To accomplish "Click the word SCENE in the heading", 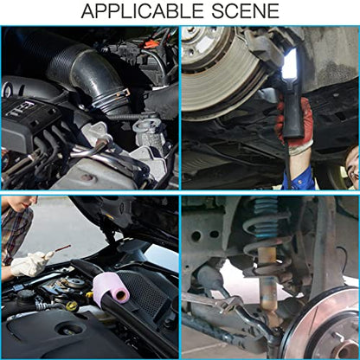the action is click(246, 11).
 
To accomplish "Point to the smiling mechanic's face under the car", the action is click(353, 164).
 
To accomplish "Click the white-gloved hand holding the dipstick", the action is click(29, 263).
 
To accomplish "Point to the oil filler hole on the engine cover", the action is click(70, 328).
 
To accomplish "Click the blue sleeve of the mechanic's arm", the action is click(301, 176).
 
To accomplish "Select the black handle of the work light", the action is click(292, 114).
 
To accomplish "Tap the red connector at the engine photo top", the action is click(151, 44).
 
